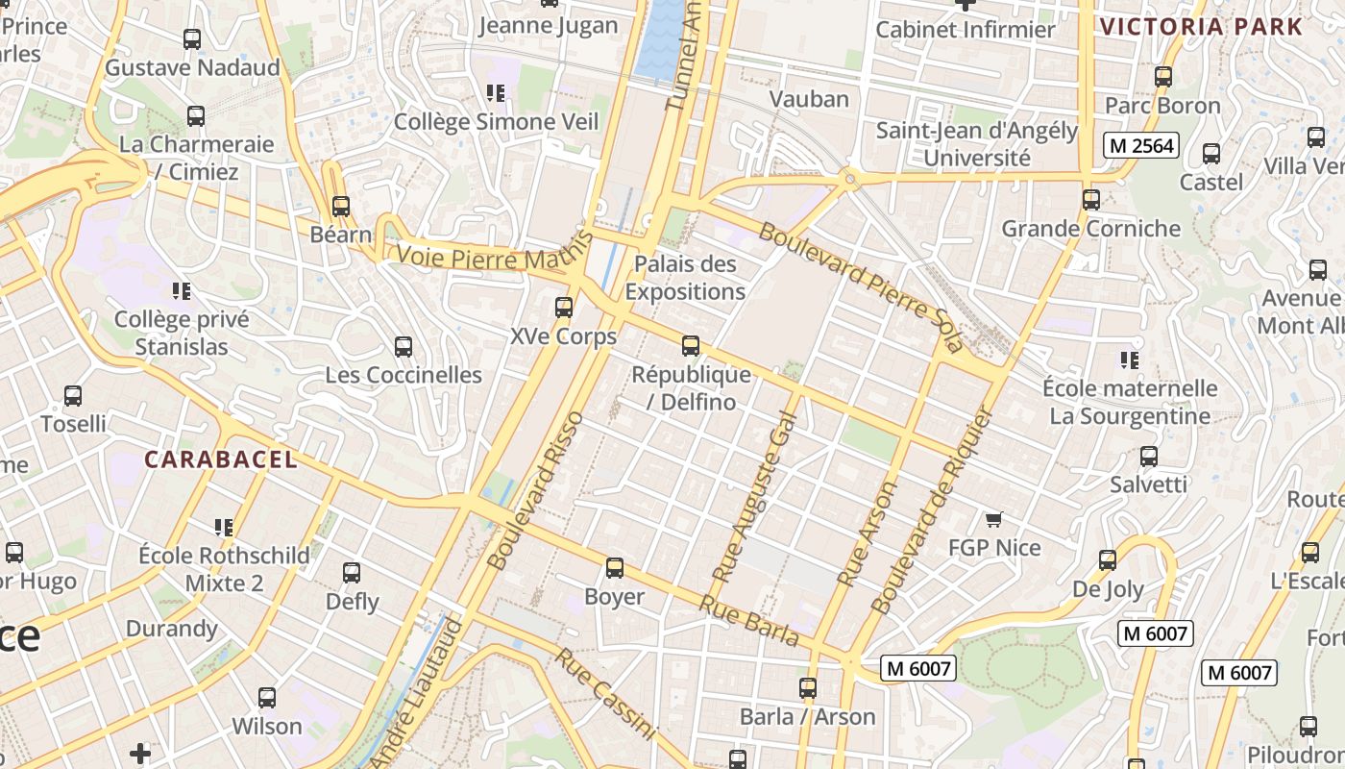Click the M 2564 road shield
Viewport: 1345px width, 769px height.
coord(1140,145)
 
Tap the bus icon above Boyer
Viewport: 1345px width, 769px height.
coord(615,568)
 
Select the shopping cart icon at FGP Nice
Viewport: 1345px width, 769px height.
coord(994,519)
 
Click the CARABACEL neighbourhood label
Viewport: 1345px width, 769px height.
coord(221,460)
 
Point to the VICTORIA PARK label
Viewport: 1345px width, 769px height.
coord(1201,27)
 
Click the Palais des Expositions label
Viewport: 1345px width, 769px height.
coord(685,278)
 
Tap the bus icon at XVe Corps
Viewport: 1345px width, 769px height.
coord(564,308)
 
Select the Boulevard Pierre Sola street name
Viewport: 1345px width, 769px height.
coord(859,286)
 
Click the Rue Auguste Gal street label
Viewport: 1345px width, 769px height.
coord(755,497)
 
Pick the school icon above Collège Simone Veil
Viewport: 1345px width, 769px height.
coord(496,93)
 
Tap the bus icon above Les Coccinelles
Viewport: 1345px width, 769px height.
coord(403,346)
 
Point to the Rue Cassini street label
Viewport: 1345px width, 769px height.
coord(605,694)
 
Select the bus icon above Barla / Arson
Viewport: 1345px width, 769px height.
coord(808,688)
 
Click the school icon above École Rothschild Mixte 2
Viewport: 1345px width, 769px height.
coord(224,527)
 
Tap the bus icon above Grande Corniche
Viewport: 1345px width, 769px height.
coord(1090,200)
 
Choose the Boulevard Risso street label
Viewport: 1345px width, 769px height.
coord(535,490)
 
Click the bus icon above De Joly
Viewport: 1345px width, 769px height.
coord(1108,560)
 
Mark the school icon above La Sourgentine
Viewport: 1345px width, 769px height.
coord(1129,360)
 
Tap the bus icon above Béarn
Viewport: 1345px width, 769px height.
coord(340,206)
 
